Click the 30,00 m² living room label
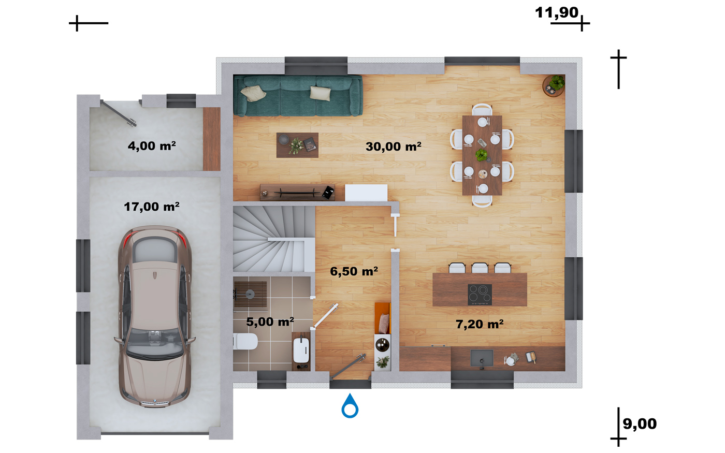coord(393,147)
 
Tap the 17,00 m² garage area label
coord(151,207)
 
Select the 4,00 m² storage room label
coord(151,146)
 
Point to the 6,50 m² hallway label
coord(354,271)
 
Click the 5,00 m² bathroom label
coord(270,322)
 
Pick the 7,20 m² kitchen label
coord(480,324)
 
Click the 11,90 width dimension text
coord(556,12)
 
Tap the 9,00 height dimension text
coord(640,424)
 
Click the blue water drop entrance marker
coord(350,406)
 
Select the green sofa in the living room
coord(298,95)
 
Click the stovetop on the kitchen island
coord(480,295)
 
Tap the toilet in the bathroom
coord(245,342)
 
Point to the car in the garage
coord(155,316)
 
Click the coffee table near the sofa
coord(297,145)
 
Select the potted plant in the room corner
coord(554,85)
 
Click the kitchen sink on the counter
coord(482,358)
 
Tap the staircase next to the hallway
coord(274,239)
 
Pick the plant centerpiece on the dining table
coord(481,155)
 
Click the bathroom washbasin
coord(301,350)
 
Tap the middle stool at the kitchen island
coord(480,268)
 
